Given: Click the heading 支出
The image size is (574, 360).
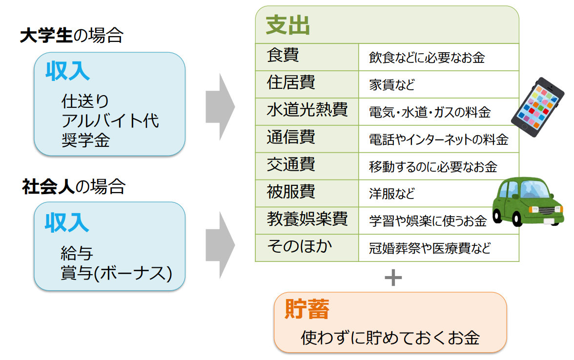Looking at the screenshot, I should tap(287, 26).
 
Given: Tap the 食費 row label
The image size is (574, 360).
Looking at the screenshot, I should tap(283, 56).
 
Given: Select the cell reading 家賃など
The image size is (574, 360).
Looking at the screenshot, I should tap(392, 85).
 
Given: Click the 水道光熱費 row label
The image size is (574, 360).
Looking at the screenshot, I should tap(307, 110).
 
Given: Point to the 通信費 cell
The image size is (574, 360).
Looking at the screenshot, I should tap(291, 138).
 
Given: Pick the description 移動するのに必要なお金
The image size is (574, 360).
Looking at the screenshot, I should tap(433, 167).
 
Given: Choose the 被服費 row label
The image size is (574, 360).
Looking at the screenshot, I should tap(291, 192).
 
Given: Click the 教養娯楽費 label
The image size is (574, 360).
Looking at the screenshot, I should tap(307, 220).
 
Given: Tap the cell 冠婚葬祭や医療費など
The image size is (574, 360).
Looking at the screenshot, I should tap(430, 248).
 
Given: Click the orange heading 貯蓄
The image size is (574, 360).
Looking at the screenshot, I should tap(307, 309).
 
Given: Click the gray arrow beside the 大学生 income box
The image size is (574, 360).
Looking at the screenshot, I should tap(220, 107).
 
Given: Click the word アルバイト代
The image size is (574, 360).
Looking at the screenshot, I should tap(110, 121).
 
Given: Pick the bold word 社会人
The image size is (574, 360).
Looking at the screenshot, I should tap(48, 187).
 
